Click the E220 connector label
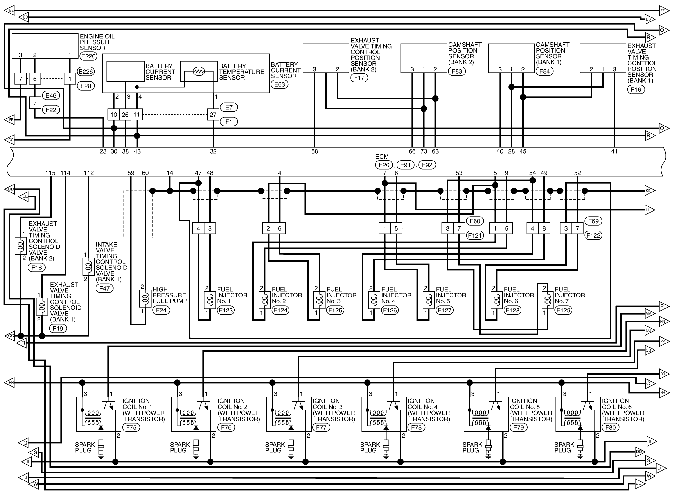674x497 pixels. tap(88, 56)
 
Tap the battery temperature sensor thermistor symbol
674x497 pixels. tap(199, 71)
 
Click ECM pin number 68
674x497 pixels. tap(314, 151)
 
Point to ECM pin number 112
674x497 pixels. tap(89, 173)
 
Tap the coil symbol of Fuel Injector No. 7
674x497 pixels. tap(547, 300)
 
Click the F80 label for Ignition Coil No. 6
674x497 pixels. tap(610, 427)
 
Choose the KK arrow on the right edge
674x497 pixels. tap(649, 191)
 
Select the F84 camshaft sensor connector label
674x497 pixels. tap(545, 71)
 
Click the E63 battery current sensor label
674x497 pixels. tap(279, 84)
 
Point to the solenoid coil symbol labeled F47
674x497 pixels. tap(88, 266)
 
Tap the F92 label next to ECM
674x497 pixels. tap(427, 165)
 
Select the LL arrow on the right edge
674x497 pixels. tap(649, 210)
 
